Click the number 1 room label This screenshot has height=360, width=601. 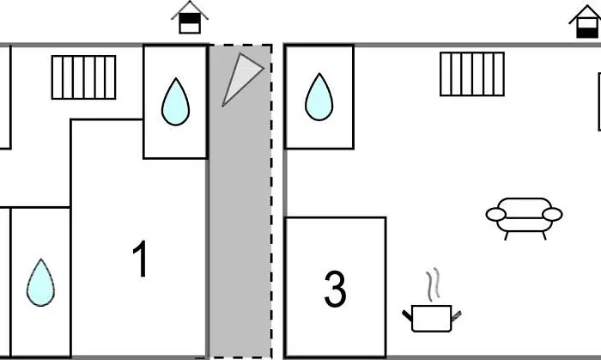pos(141,259)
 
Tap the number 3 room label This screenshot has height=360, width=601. pos(335,290)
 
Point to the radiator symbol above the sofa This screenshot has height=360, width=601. pos(472,74)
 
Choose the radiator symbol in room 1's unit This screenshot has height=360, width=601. pos(83,77)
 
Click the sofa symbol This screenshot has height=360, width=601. pos(524,216)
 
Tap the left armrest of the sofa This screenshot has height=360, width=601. pos(496,215)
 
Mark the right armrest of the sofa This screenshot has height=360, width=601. pos(552,214)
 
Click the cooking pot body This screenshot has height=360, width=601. pos(431,318)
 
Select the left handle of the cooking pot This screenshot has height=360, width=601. pos(407,316)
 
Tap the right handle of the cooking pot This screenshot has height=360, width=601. pos(455,316)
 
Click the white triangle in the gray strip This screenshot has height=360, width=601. pos(239,76)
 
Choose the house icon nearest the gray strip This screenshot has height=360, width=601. pos(190,17)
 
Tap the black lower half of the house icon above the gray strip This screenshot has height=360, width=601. pos(190,27)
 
